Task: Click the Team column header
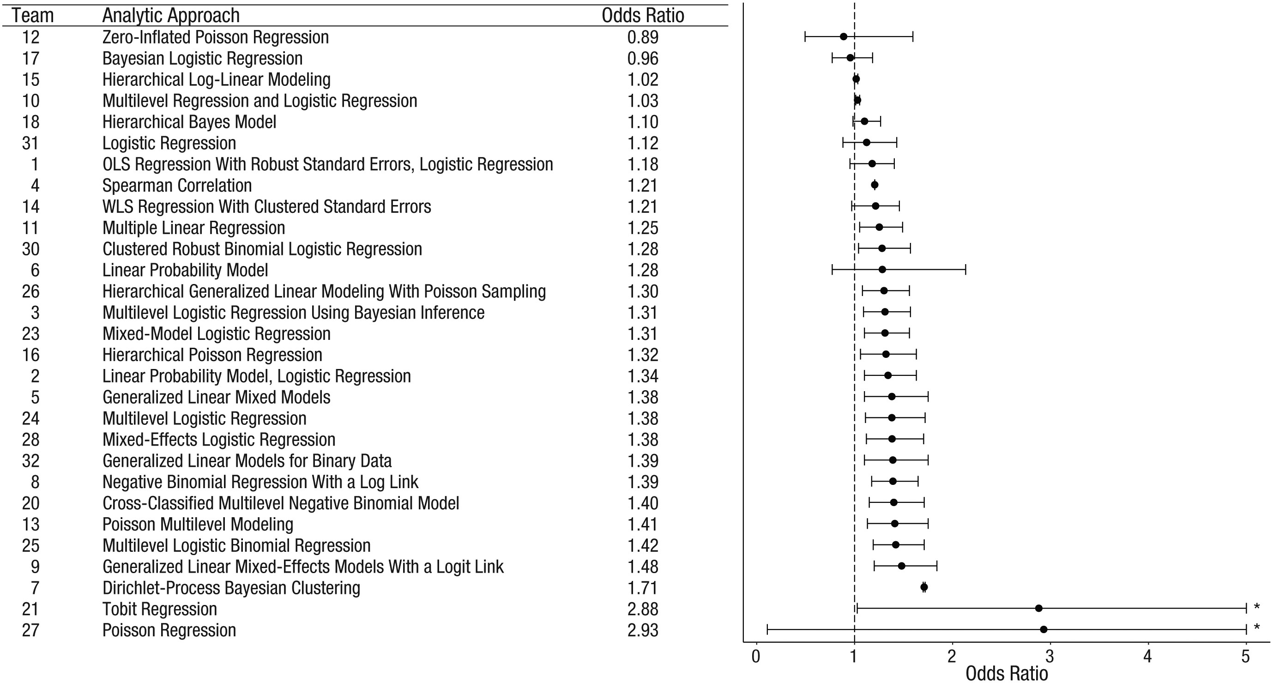click(x=33, y=16)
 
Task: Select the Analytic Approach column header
click(x=171, y=16)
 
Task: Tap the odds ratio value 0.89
click(x=643, y=37)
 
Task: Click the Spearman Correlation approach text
click(x=177, y=185)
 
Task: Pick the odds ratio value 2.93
click(x=643, y=630)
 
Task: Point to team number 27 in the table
click(x=30, y=630)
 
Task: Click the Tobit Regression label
click(x=160, y=609)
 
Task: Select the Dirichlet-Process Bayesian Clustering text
click(x=231, y=587)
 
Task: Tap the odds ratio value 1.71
click(x=643, y=587)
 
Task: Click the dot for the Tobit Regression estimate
click(x=1039, y=608)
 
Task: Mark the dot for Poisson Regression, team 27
click(x=1044, y=629)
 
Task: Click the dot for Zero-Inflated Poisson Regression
click(x=844, y=36)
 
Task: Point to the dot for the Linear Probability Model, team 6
click(x=882, y=269)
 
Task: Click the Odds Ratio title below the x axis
click(x=1007, y=673)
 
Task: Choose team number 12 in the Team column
click(x=30, y=37)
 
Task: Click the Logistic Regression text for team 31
click(x=169, y=143)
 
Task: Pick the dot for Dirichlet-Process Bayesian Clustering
click(x=924, y=587)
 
